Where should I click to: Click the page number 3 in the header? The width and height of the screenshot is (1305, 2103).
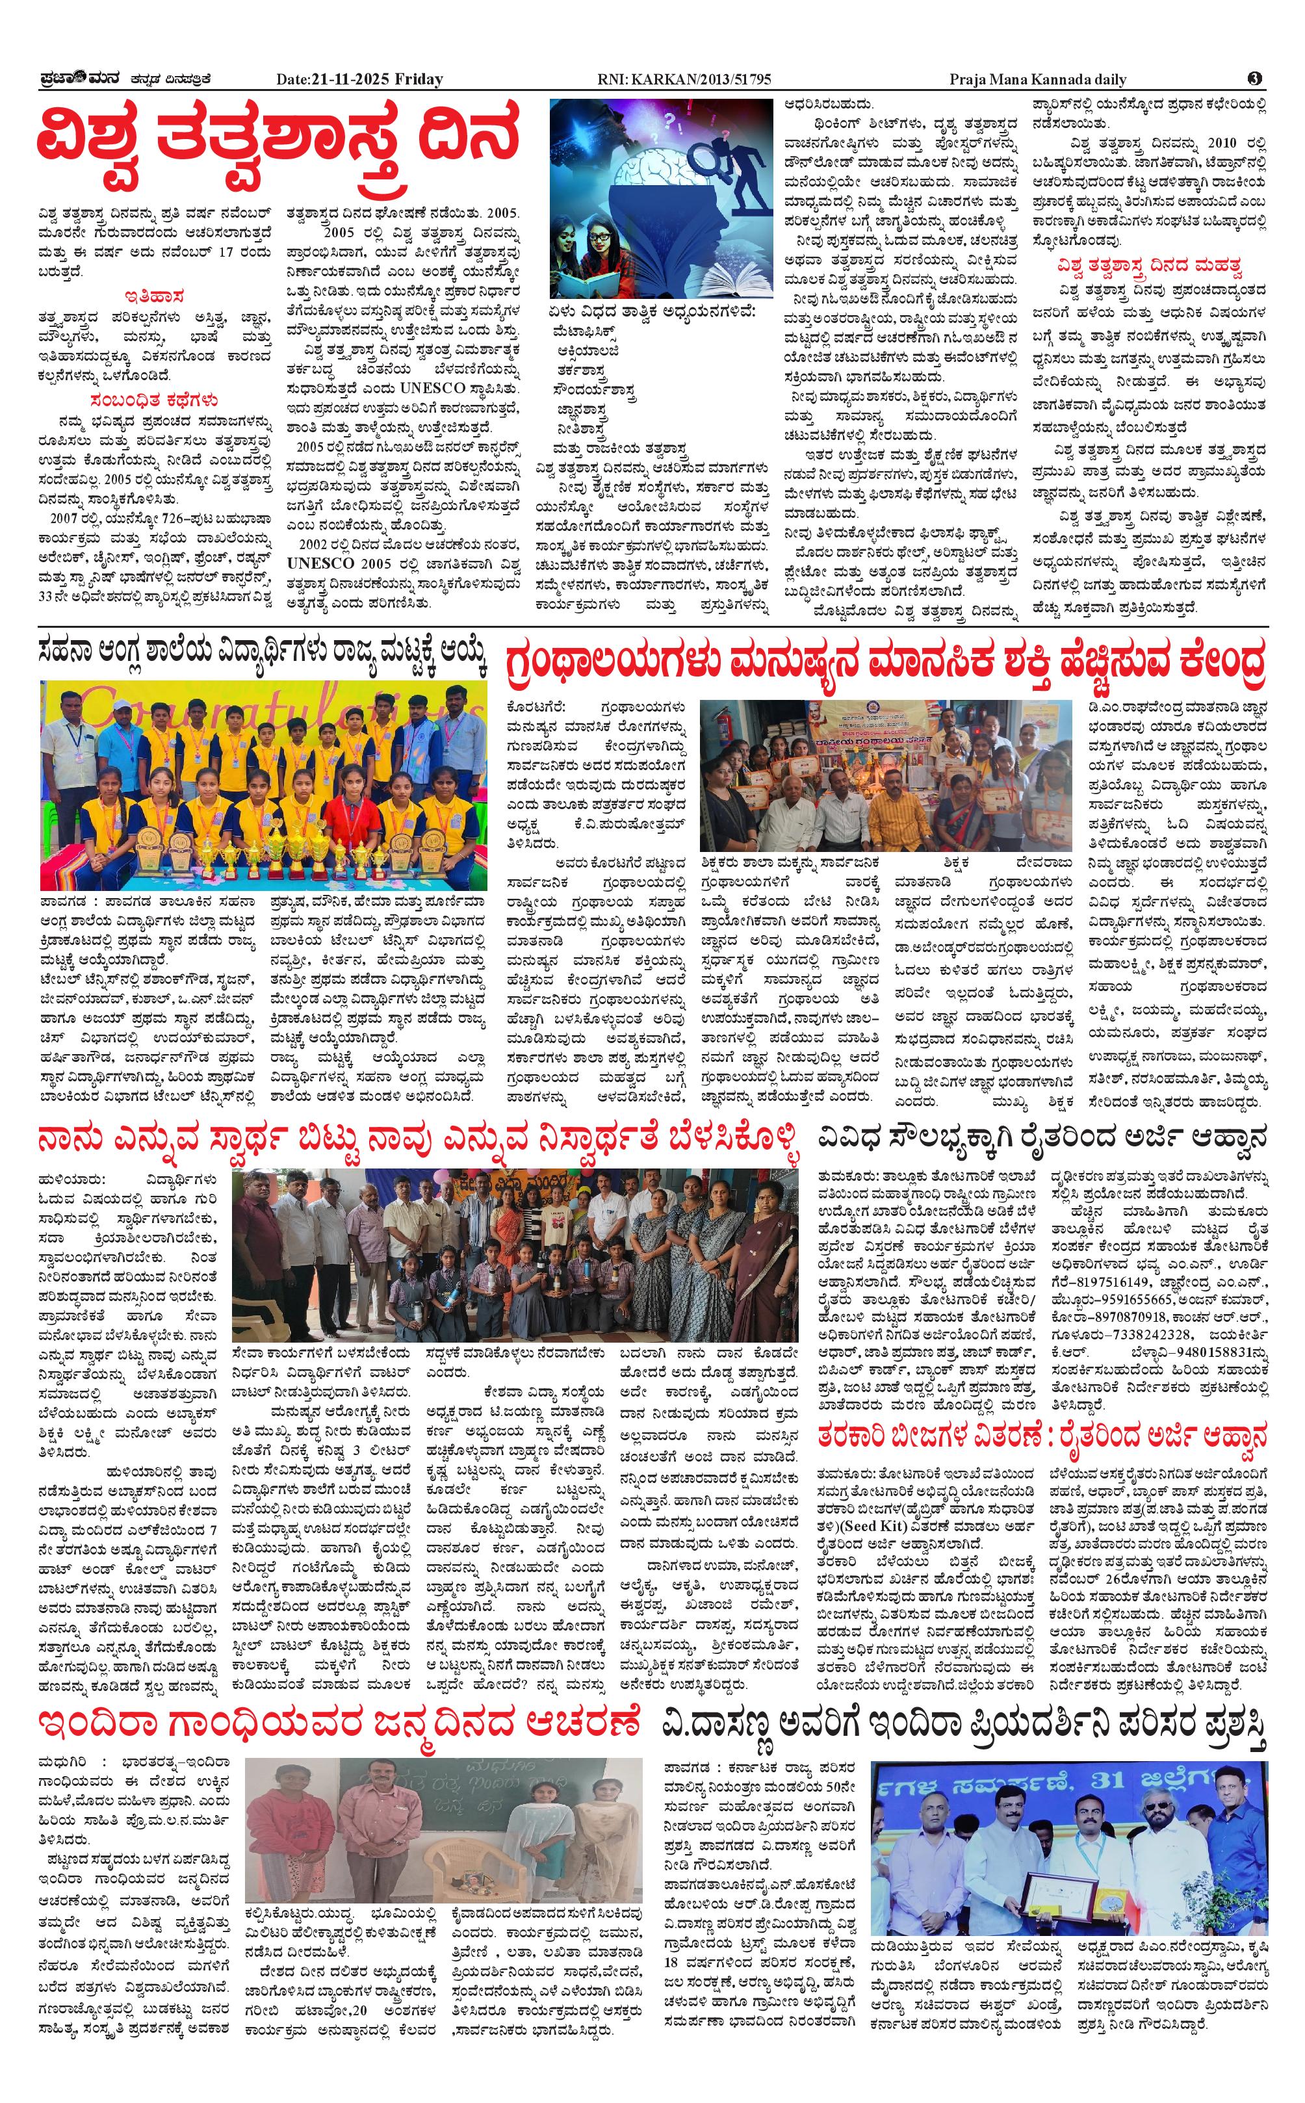[1255, 79]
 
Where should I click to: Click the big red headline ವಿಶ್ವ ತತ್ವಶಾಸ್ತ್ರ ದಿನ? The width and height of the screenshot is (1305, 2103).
[278, 140]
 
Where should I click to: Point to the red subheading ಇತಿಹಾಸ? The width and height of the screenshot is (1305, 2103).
[153, 295]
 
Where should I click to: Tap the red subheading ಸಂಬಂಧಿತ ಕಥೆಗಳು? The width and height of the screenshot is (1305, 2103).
[153, 400]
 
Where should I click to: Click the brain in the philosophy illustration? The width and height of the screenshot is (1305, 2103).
[665, 160]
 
